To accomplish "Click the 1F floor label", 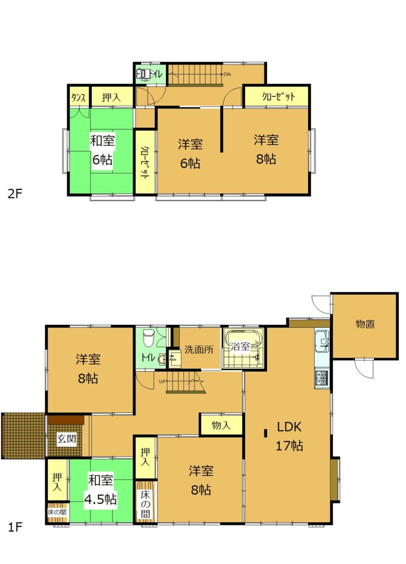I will (x=15, y=527).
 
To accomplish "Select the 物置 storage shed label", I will (x=365, y=324).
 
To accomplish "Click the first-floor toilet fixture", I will (x=148, y=337).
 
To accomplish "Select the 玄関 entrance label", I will (x=66, y=440).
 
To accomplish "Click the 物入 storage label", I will (x=221, y=425).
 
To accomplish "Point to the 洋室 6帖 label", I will (x=190, y=154).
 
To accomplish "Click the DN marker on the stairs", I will (x=226, y=74).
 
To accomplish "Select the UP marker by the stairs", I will (x=162, y=381).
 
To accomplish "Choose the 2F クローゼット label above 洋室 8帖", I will (x=278, y=97).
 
